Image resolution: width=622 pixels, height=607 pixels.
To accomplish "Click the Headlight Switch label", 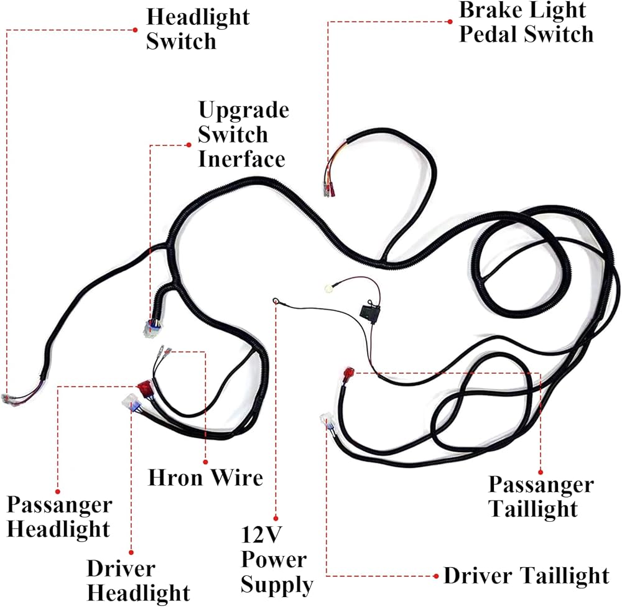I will (x=197, y=29).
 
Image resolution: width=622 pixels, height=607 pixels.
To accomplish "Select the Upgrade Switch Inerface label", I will (x=243, y=134).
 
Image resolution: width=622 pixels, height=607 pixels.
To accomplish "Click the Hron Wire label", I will (x=205, y=478).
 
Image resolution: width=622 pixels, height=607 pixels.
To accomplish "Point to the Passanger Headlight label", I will (x=59, y=517).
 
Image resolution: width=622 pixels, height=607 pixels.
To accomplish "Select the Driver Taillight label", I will (x=526, y=575).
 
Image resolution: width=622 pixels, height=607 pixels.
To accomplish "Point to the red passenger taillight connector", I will (x=348, y=374).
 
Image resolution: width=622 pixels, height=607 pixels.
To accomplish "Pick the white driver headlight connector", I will (x=132, y=401).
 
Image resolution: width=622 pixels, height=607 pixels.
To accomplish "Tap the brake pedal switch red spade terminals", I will (x=328, y=184).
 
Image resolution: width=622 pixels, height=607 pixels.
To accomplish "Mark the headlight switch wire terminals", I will (x=11, y=399).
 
